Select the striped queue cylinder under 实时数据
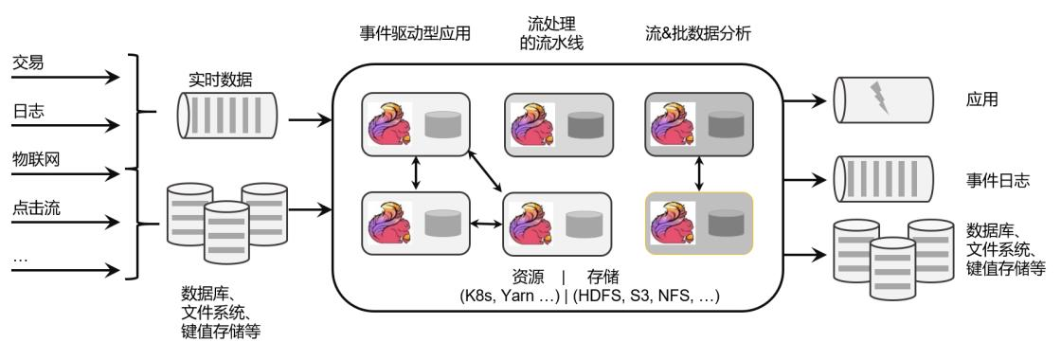click(227, 114)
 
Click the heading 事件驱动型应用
click(415, 34)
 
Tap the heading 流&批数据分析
click(697, 34)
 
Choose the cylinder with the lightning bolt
click(883, 100)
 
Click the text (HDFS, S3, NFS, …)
click(645, 296)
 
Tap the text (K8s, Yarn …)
click(511, 296)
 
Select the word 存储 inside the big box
click(602, 277)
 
